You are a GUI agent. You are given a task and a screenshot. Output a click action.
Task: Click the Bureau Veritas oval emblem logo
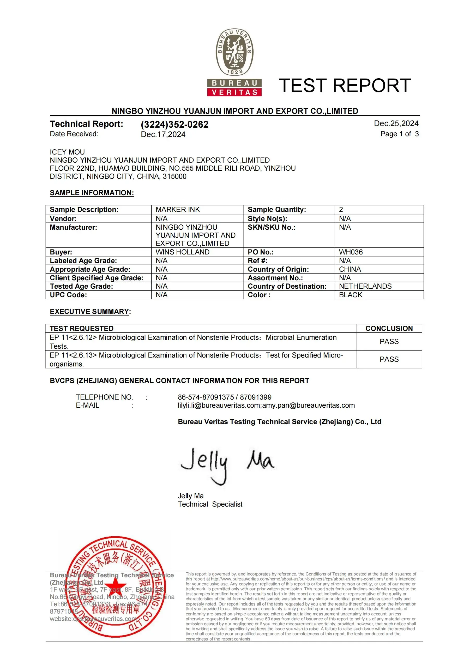(234, 52)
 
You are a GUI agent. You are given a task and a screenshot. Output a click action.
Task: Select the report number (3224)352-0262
(174, 124)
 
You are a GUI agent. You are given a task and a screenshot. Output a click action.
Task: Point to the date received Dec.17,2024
(163, 134)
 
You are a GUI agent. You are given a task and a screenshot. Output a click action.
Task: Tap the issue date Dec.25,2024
(396, 124)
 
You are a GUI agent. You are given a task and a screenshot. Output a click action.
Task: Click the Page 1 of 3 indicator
(399, 134)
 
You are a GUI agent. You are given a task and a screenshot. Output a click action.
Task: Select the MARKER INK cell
(178, 210)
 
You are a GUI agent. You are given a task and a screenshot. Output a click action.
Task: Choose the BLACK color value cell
(351, 295)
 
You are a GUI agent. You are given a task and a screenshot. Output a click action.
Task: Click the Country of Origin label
(278, 269)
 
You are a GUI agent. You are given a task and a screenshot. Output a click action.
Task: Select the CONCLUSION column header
(389, 328)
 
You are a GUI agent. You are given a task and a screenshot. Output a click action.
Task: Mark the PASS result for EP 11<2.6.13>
(389, 359)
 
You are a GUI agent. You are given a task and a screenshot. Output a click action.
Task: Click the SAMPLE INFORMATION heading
(92, 193)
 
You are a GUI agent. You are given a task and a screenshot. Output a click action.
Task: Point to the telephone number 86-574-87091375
(206, 397)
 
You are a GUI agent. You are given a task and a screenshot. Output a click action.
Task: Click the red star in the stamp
(115, 585)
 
